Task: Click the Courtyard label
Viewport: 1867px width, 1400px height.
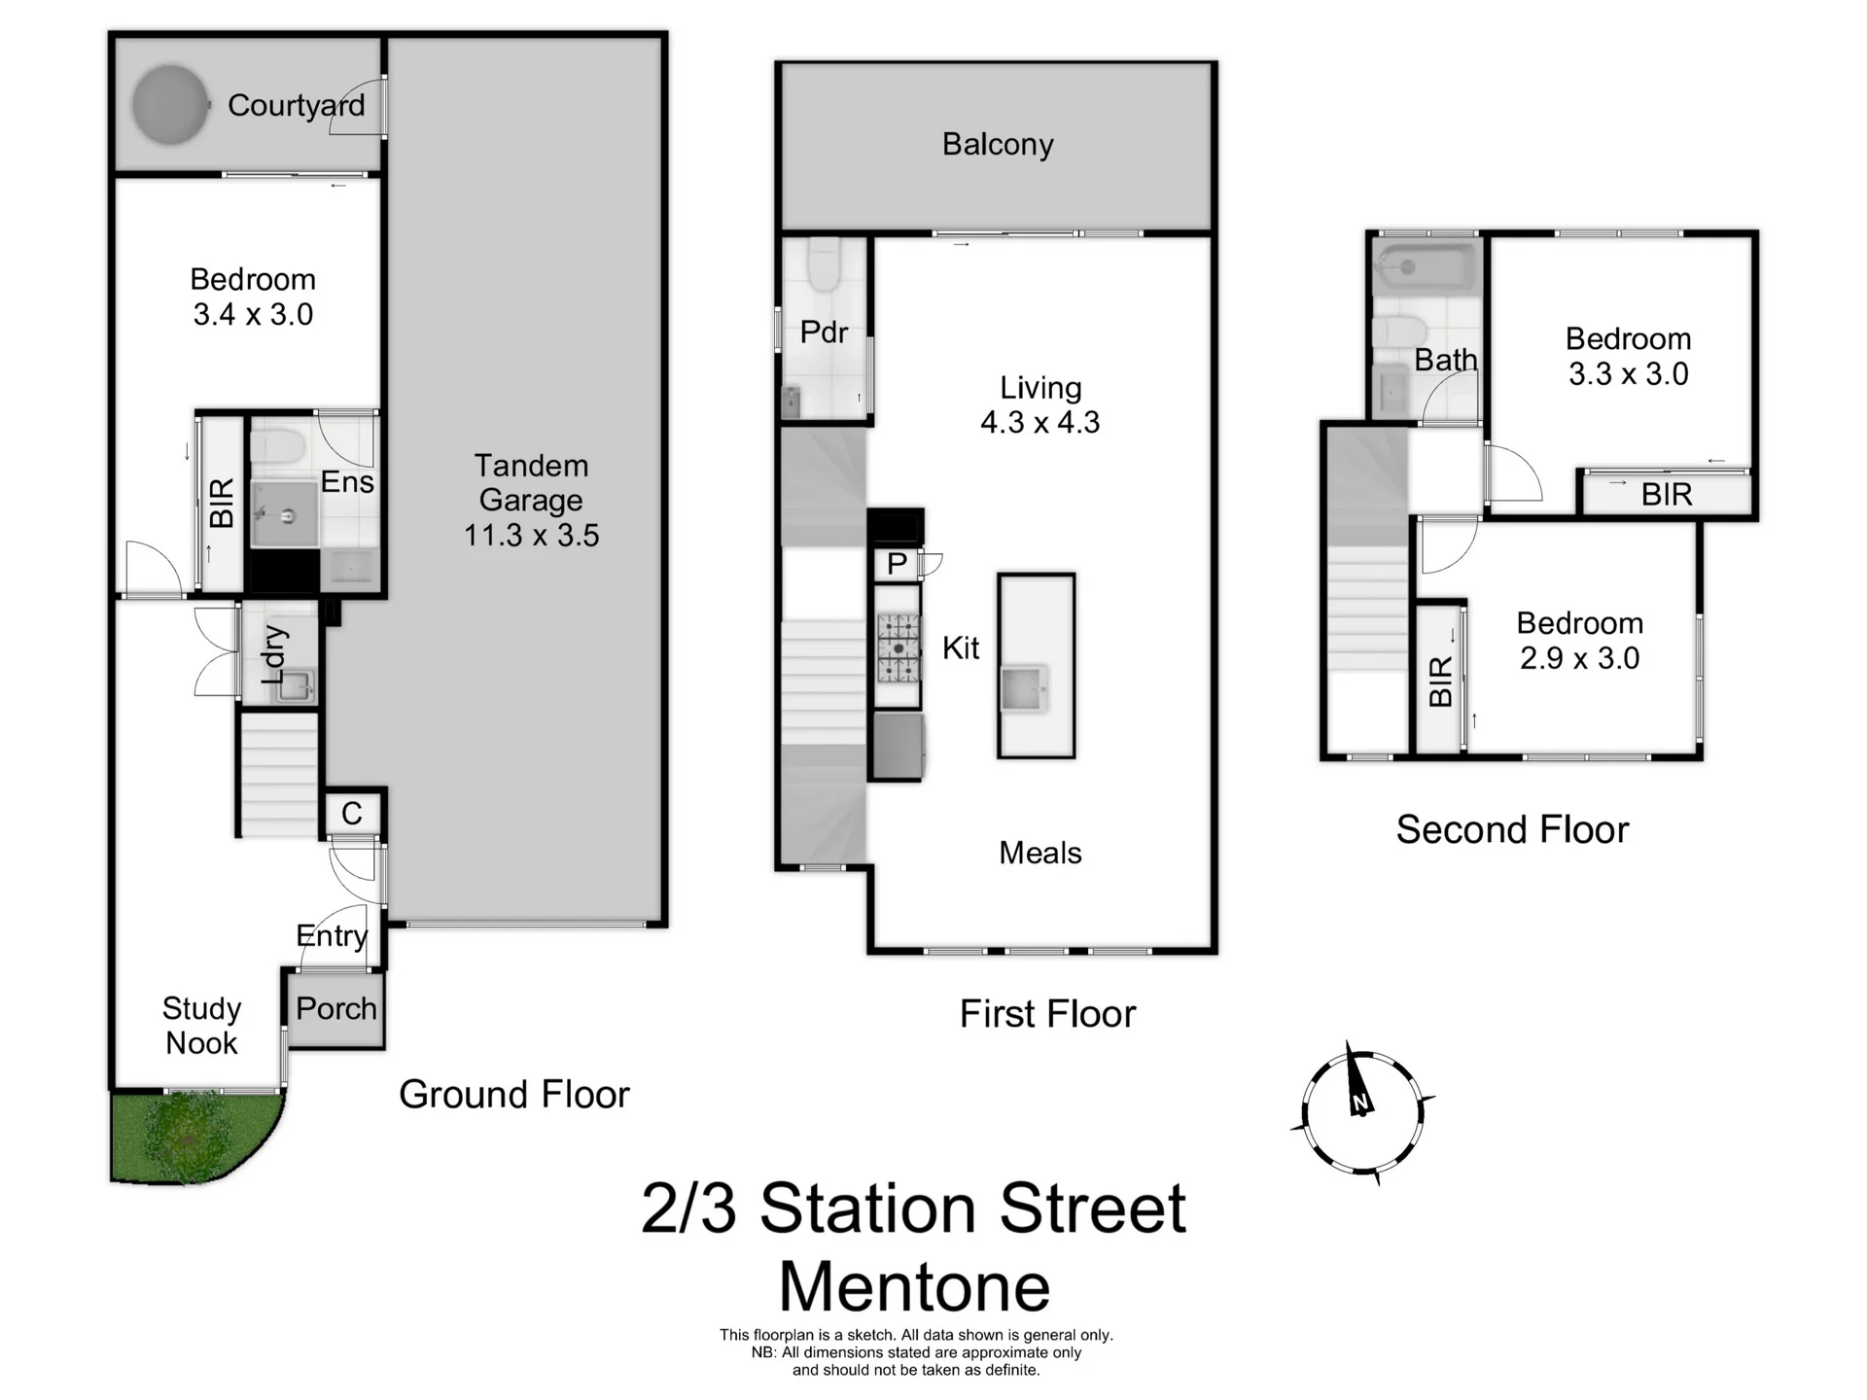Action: tap(296, 105)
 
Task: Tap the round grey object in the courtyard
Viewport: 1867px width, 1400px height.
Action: tap(170, 104)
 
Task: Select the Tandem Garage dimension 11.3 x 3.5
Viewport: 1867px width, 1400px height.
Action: tap(531, 536)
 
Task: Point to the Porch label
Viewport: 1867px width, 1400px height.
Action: tap(336, 1008)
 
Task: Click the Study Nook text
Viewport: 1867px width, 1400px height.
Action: tap(201, 1026)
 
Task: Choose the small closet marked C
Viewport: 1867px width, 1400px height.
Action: tap(352, 813)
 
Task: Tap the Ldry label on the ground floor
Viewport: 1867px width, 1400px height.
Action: tap(275, 653)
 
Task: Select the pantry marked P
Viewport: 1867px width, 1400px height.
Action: tap(897, 564)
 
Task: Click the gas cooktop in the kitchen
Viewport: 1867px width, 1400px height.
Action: tap(898, 647)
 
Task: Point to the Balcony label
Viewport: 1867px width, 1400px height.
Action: tap(998, 144)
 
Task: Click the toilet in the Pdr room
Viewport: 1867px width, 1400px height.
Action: tap(825, 265)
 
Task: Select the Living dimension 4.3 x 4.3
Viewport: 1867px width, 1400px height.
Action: tap(1039, 423)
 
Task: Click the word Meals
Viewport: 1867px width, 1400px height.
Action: tap(1039, 853)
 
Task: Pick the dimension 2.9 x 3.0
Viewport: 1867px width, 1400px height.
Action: tap(1579, 658)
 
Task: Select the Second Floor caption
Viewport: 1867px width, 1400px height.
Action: tap(1512, 829)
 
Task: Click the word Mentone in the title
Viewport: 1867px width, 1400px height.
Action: tap(914, 1286)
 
